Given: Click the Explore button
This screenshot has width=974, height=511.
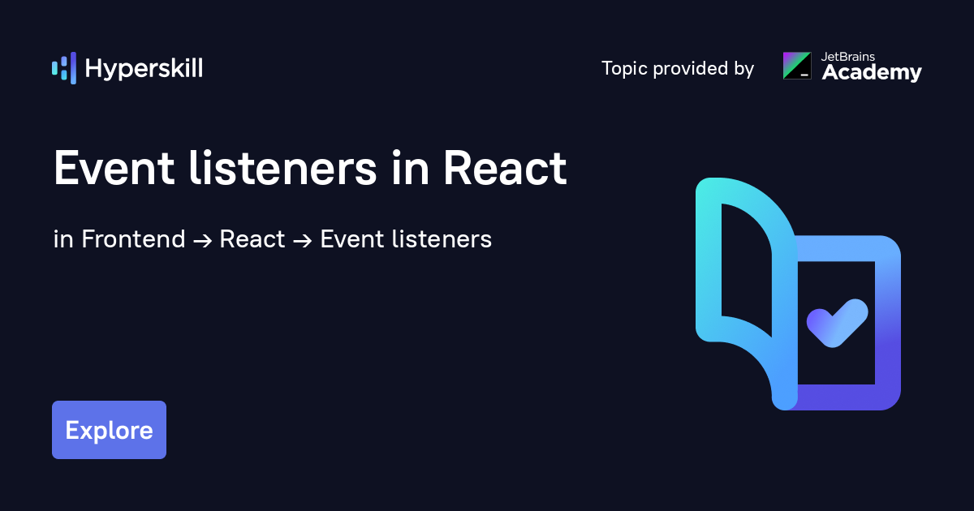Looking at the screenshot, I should point(109,430).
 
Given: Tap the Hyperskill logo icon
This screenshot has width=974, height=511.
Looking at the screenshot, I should point(64,68).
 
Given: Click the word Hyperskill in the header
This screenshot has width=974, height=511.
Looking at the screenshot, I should point(144,68).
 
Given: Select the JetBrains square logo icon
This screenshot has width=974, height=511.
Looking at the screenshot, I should point(796,66).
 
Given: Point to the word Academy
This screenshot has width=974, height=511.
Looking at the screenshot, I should point(872,73).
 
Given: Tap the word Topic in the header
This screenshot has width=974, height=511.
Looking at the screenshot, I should point(624,69).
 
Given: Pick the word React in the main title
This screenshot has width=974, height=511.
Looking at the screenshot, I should point(505,169).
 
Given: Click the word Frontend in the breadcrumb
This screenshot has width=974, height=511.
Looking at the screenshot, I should point(133,239).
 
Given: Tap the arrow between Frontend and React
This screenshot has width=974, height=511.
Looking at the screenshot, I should point(202,240).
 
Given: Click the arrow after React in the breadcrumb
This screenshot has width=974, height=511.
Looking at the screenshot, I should point(303,240).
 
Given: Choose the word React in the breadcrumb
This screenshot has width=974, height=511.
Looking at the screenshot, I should point(252,239).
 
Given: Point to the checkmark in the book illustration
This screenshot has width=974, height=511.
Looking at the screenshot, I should point(837,322).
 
